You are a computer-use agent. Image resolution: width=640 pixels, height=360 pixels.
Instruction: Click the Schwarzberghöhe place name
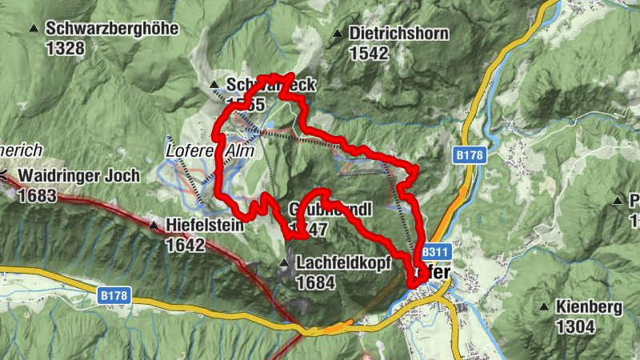[x=112, y=29]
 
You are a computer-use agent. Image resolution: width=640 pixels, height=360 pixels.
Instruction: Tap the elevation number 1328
[x=66, y=48]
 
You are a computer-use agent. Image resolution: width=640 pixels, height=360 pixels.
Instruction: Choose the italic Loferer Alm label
[x=210, y=150]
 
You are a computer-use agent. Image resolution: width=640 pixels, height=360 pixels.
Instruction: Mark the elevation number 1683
[x=37, y=194]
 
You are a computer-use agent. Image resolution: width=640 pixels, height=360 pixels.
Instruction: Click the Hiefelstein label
[x=205, y=226]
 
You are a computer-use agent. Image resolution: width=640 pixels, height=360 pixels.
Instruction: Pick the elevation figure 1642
[x=186, y=245]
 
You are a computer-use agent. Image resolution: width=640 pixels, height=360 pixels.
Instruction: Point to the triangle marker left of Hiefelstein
[x=154, y=226]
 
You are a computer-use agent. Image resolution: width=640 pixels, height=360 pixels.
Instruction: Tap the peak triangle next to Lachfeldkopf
[x=285, y=263]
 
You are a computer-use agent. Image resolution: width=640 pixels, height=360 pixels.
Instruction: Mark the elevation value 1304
[x=575, y=326]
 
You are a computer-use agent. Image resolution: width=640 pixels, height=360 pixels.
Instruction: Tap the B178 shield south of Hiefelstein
[x=114, y=295]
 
